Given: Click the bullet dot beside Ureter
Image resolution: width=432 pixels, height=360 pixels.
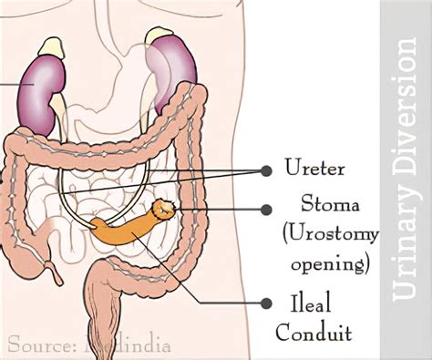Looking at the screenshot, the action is tap(266, 170).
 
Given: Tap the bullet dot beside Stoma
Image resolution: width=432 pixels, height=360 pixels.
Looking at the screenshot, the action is tap(266, 209).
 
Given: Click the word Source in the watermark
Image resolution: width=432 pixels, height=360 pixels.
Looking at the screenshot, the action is tap(37, 345).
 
